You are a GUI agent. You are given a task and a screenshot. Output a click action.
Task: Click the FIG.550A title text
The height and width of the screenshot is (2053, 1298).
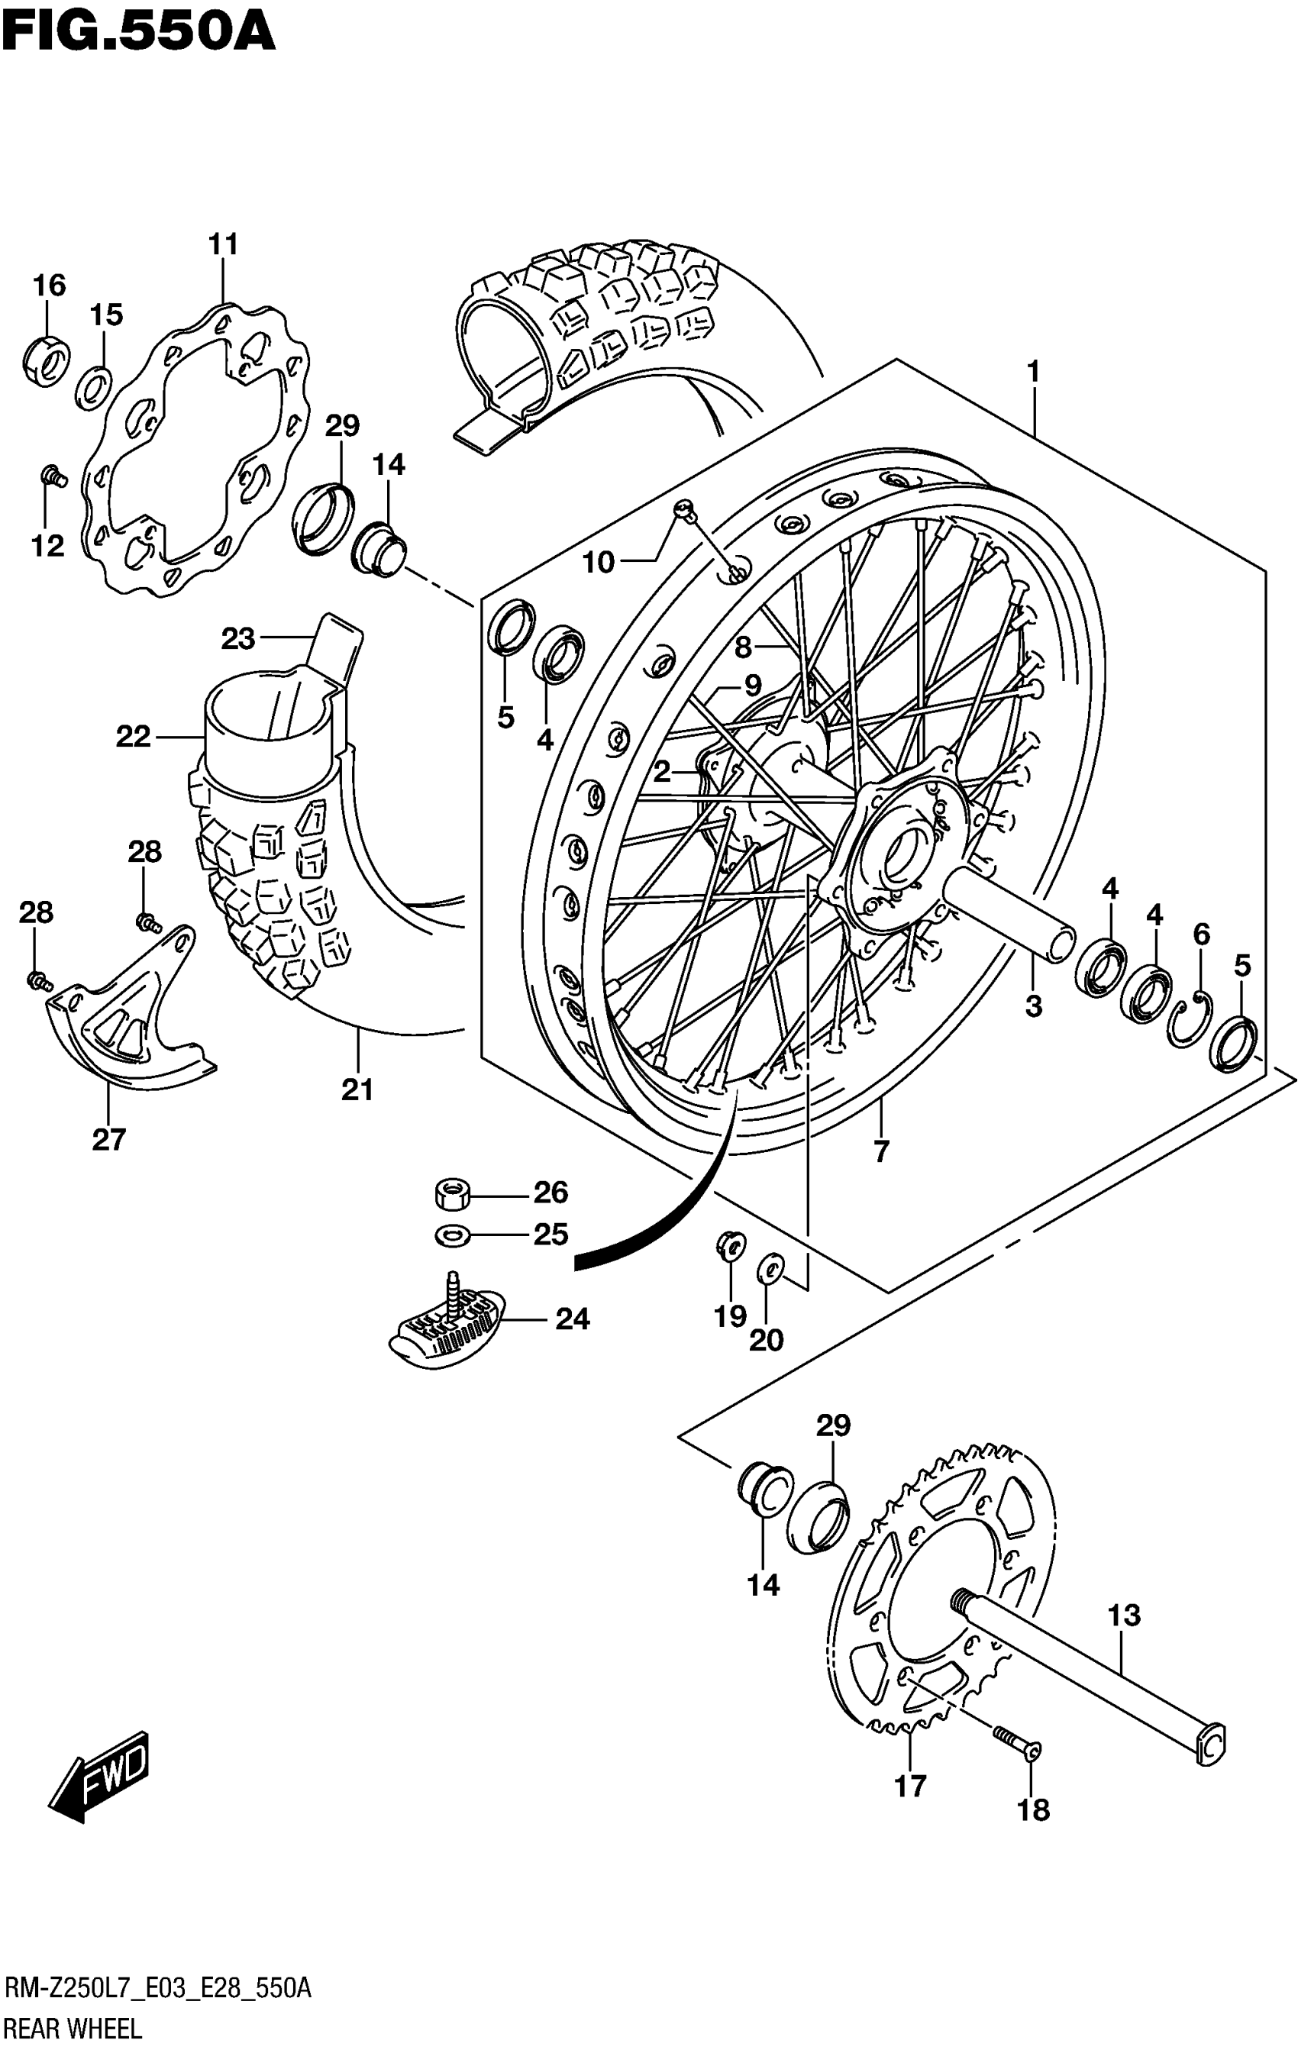pos(139,31)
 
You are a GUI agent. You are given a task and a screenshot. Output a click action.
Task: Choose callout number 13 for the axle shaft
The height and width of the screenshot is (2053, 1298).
pos(1124,1615)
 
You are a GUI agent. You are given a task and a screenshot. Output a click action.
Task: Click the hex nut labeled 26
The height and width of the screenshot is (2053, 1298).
pos(451,1193)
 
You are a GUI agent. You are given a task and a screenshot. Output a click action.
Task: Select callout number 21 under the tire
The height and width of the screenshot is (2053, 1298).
pos(357,1090)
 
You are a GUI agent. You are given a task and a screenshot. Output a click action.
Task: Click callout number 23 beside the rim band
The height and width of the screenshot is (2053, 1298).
pos(238,638)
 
